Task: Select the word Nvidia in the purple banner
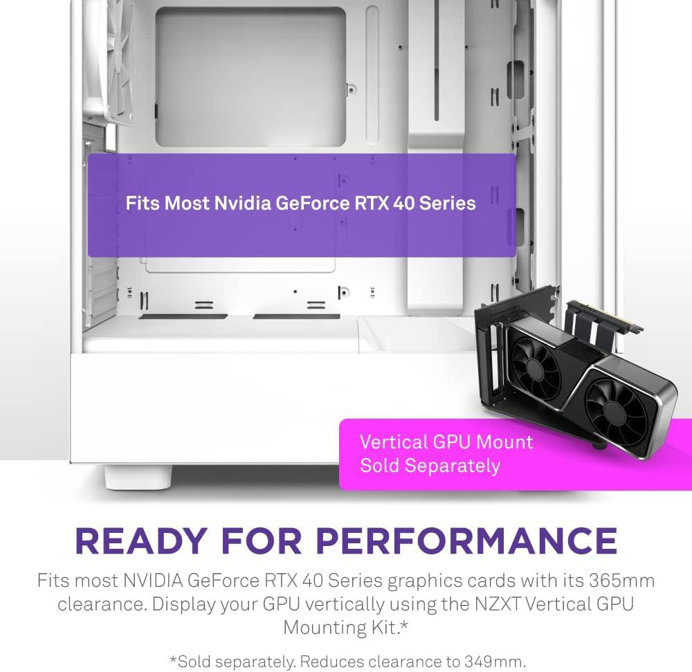(243, 203)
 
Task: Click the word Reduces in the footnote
(328, 661)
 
